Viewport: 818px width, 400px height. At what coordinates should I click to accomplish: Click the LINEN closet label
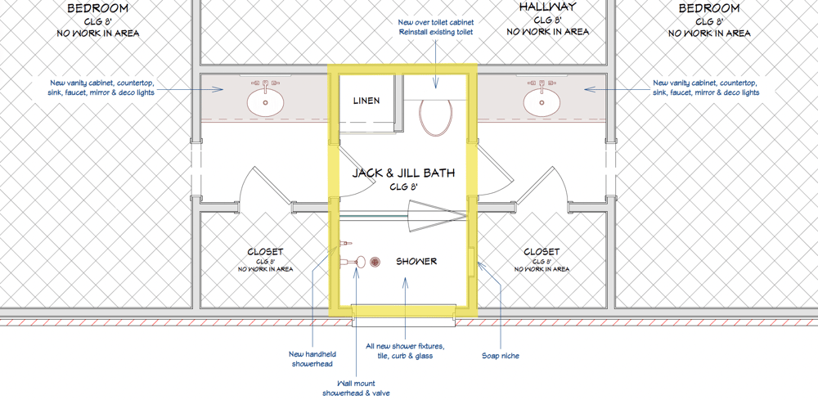(x=366, y=101)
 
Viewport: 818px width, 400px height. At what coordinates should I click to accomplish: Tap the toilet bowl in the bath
(x=435, y=118)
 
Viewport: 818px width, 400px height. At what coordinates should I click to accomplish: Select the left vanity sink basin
(x=266, y=102)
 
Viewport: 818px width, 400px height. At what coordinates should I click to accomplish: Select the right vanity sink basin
(x=542, y=102)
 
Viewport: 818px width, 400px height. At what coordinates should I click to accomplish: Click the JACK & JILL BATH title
(x=403, y=173)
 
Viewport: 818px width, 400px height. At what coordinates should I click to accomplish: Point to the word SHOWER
(x=416, y=261)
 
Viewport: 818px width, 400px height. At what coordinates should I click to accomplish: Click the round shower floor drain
(x=375, y=262)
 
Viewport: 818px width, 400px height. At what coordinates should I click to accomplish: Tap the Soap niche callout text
(x=501, y=356)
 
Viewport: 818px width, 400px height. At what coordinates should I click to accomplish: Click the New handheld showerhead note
(x=312, y=359)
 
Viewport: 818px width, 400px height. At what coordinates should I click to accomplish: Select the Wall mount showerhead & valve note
(x=356, y=388)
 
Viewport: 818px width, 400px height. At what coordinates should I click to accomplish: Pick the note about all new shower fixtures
(x=405, y=350)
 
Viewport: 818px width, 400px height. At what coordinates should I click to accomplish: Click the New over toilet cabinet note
(x=436, y=27)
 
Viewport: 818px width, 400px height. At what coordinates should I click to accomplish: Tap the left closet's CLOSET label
(x=266, y=253)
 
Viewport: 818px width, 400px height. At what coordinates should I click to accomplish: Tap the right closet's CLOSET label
(x=542, y=253)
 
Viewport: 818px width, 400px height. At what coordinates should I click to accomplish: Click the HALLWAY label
(x=548, y=7)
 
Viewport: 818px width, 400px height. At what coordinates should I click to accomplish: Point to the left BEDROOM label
(x=98, y=8)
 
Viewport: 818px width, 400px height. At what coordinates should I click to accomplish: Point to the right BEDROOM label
(x=709, y=8)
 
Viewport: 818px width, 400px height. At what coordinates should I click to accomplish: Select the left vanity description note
(x=102, y=88)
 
